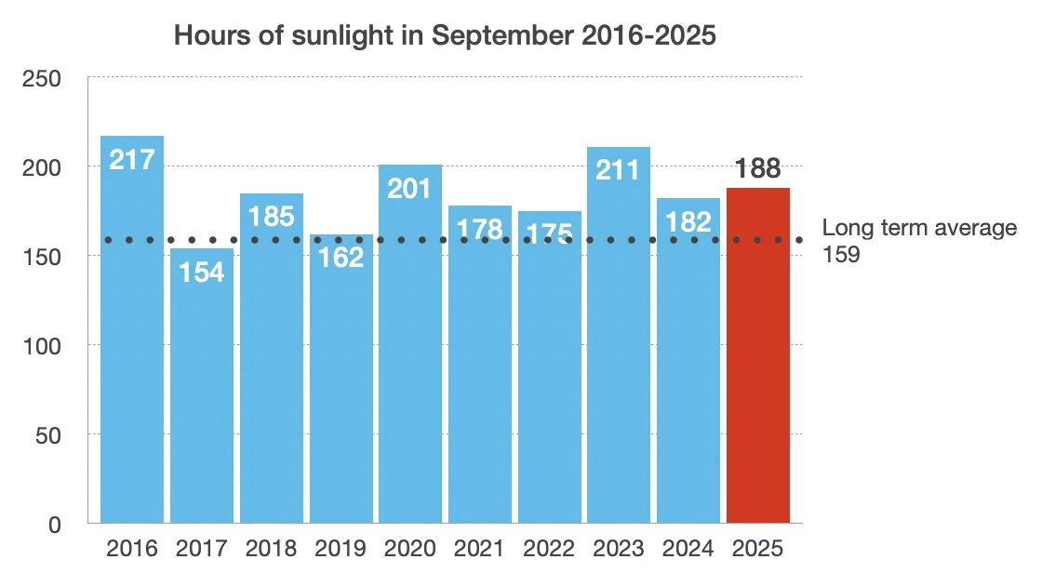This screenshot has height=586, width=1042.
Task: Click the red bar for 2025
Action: pos(758,372)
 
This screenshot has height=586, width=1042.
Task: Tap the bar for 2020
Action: pos(410,372)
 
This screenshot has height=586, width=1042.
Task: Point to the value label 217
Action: pos(132,159)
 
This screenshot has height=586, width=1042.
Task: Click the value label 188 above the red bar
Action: pos(758,169)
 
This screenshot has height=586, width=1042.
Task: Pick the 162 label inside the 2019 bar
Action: pos(341,258)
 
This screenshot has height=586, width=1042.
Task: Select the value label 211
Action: pos(619,170)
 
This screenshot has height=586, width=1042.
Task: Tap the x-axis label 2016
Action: pos(132,548)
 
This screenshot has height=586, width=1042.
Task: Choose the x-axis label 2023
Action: pos(619,548)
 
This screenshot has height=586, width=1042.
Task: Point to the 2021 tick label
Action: pos(480,548)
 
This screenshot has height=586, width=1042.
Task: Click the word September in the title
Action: pos(504,37)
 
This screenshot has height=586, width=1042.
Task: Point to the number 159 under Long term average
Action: pos(842,254)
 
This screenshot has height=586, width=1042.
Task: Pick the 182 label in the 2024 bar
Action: pos(688,221)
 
